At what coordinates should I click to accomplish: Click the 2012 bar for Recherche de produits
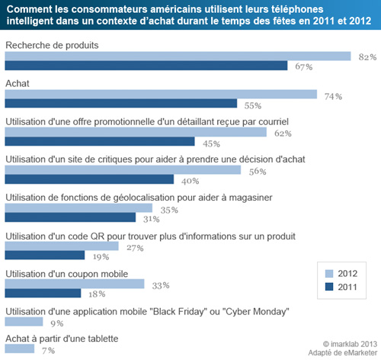(x=178, y=56)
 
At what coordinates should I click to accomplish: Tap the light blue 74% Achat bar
(x=161, y=95)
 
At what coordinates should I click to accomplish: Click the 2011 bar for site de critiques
(x=89, y=180)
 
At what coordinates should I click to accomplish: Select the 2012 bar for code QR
(x=62, y=246)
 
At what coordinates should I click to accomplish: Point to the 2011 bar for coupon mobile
(x=43, y=293)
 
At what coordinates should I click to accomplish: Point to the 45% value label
(x=212, y=143)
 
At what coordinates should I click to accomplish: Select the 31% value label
(x=152, y=219)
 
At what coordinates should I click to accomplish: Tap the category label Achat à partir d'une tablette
(x=62, y=338)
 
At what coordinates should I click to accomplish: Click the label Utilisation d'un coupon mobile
(x=66, y=272)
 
